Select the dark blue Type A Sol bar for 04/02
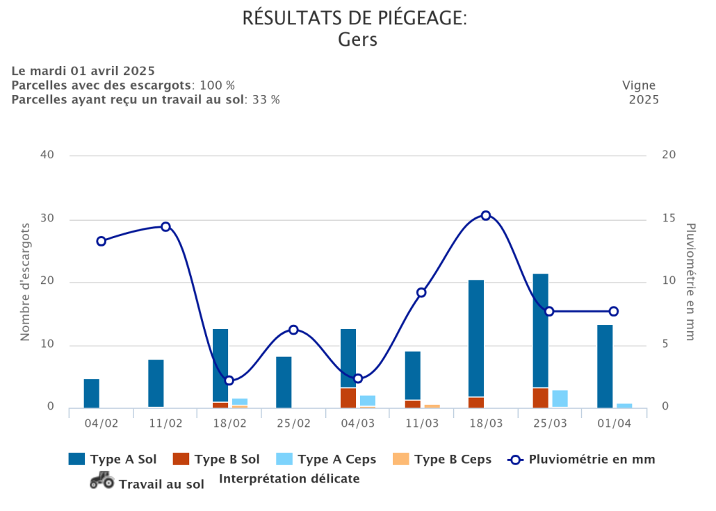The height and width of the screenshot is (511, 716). pyautogui.click(x=92, y=393)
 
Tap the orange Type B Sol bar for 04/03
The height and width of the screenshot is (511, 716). pyautogui.click(x=348, y=398)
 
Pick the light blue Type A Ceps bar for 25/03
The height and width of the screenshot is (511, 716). pyautogui.click(x=560, y=399)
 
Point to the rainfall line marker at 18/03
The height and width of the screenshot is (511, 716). pyautogui.click(x=486, y=215)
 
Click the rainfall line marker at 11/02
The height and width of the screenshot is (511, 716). pyautogui.click(x=165, y=227)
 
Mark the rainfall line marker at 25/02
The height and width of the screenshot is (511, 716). pyautogui.click(x=293, y=330)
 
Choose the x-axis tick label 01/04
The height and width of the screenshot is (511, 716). pyautogui.click(x=614, y=424)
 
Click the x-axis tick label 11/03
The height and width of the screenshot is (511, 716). pyautogui.click(x=422, y=424)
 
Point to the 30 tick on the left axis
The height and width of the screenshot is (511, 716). pyautogui.click(x=46, y=219)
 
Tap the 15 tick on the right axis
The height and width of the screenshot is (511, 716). pyautogui.click(x=669, y=218)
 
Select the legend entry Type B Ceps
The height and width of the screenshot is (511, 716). pyautogui.click(x=444, y=459)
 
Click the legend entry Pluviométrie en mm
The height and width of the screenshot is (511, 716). pyautogui.click(x=582, y=459)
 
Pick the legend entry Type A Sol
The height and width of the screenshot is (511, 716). pyautogui.click(x=113, y=459)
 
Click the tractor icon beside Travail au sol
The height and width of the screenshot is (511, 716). pyautogui.click(x=102, y=480)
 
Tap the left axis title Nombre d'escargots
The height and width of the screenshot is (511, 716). pyautogui.click(x=26, y=281)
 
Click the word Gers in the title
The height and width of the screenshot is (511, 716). pyautogui.click(x=357, y=40)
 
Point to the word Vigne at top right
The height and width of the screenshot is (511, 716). pyautogui.click(x=639, y=85)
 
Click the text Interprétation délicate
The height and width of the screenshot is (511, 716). pyautogui.click(x=289, y=478)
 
